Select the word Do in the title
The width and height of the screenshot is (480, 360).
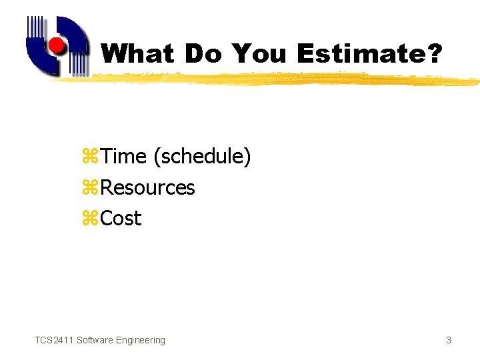click(x=204, y=54)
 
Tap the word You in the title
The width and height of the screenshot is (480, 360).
click(x=260, y=54)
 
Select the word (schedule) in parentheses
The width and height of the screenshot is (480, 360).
click(x=202, y=157)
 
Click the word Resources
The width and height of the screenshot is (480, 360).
click(x=147, y=188)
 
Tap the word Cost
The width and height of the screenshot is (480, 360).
click(x=121, y=219)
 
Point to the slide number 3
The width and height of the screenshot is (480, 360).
click(x=449, y=340)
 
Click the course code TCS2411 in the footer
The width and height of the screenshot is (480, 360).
click(x=54, y=340)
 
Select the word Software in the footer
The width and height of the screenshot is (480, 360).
click(x=95, y=340)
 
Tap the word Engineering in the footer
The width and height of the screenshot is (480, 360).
click(x=140, y=340)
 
